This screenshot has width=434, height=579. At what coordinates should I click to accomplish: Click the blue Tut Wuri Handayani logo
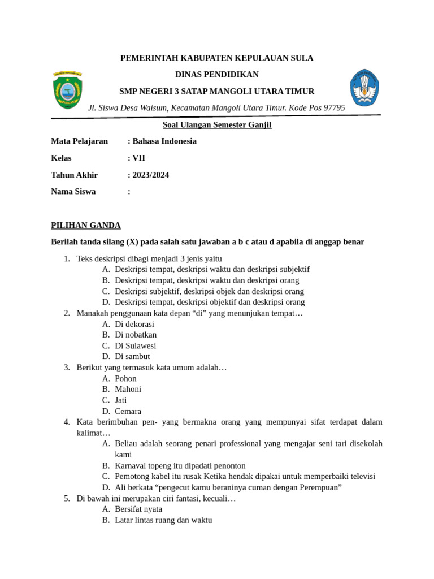click(364, 88)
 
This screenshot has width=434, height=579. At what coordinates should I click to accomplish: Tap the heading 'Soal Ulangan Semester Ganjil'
click(217, 125)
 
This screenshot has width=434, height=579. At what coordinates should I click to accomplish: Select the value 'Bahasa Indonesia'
click(164, 141)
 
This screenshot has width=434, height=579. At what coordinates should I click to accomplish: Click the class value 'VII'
click(138, 158)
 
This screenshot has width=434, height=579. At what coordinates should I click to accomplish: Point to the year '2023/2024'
click(150, 175)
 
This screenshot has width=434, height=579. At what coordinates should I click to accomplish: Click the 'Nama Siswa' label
click(73, 192)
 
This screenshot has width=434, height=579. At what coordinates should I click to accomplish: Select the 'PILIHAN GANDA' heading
click(86, 226)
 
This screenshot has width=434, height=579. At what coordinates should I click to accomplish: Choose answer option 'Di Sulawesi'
click(135, 345)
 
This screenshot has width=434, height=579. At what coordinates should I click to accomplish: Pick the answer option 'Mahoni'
click(128, 389)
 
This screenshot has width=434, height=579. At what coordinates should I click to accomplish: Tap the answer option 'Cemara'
click(128, 411)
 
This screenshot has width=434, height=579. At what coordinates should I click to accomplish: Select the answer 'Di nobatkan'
click(136, 335)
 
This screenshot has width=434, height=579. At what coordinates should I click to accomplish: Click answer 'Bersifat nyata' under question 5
click(138, 509)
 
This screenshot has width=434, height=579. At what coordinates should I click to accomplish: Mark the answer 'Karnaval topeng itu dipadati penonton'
click(180, 465)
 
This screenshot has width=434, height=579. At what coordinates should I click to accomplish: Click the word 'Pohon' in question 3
click(125, 378)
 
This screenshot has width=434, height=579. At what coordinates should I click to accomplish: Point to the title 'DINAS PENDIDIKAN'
click(217, 75)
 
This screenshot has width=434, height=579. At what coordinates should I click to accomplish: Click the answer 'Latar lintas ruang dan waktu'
click(163, 520)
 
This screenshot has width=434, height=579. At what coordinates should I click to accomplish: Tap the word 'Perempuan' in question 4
click(321, 487)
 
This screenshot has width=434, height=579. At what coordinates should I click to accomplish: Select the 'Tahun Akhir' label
click(75, 175)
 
